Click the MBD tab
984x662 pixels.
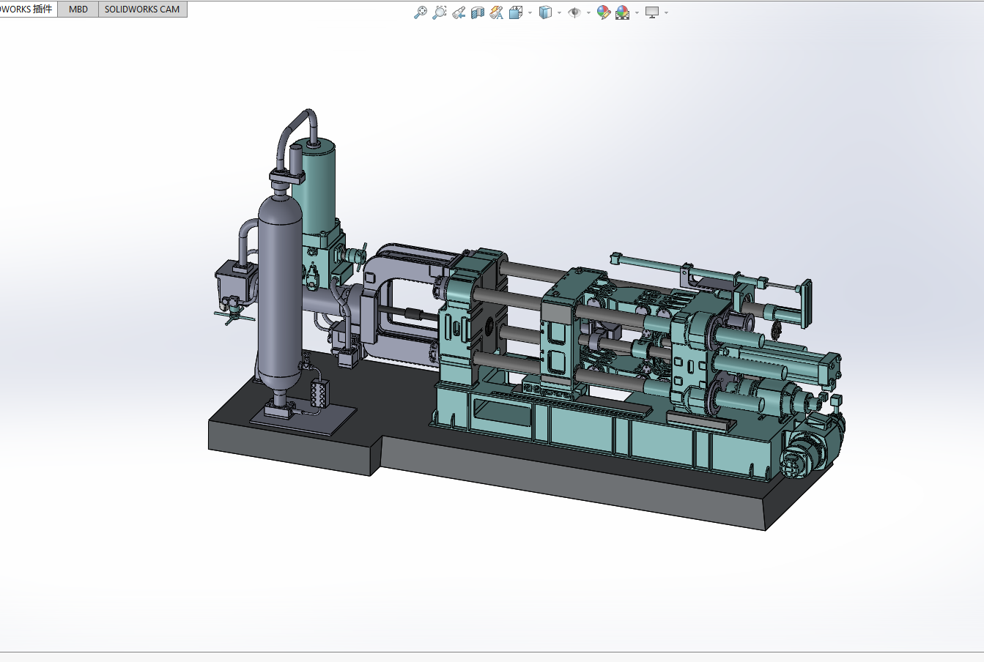(x=78, y=10)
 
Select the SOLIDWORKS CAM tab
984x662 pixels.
(x=142, y=10)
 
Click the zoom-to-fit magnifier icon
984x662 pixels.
(x=421, y=12)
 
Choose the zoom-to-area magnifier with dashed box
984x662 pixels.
(x=440, y=12)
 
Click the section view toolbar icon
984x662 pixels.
(x=478, y=12)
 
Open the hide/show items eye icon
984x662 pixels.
(x=574, y=12)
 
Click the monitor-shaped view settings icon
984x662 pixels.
(x=652, y=12)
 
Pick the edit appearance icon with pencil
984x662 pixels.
(x=604, y=12)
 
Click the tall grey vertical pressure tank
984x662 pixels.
(x=280, y=294)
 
